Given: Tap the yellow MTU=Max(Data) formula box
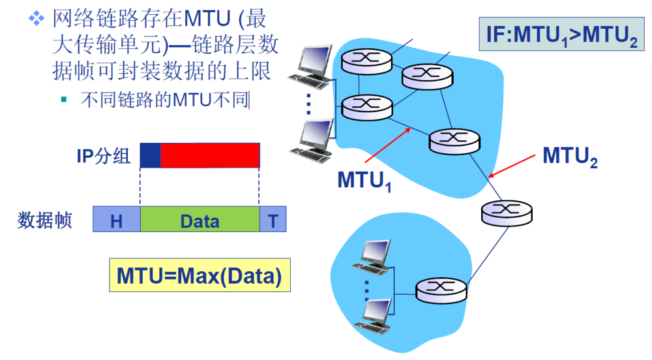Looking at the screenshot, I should click(x=199, y=276).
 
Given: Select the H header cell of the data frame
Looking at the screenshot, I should click(x=117, y=220).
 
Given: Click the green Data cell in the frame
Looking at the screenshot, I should click(x=200, y=220).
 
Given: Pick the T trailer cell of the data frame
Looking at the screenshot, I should click(x=273, y=220).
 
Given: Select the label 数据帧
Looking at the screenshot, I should click(x=44, y=220).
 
